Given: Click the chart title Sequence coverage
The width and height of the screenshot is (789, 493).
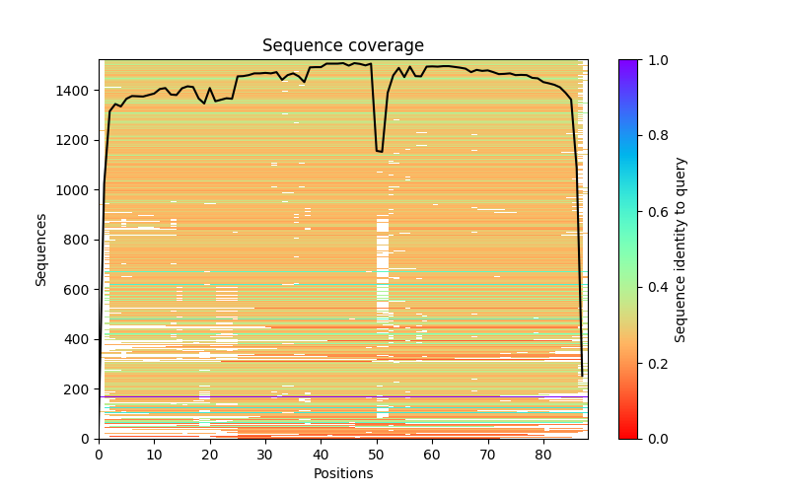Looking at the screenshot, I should [342, 46].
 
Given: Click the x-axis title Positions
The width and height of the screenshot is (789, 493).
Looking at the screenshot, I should [342, 473].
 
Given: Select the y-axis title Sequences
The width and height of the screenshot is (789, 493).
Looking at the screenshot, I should [41, 248].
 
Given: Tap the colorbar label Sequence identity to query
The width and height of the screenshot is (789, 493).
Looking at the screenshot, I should [681, 249].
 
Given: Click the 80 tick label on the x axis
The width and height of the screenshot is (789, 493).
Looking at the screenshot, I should [543, 455].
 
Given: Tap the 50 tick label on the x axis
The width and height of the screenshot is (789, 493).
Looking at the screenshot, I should [377, 455].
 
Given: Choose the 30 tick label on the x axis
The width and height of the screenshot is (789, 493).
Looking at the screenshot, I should [265, 455].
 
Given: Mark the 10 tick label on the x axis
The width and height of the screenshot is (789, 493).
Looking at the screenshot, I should [154, 455].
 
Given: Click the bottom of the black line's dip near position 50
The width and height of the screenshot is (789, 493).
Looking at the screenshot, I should [380, 151].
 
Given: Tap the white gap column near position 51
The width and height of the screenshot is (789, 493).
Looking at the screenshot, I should [383, 246].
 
